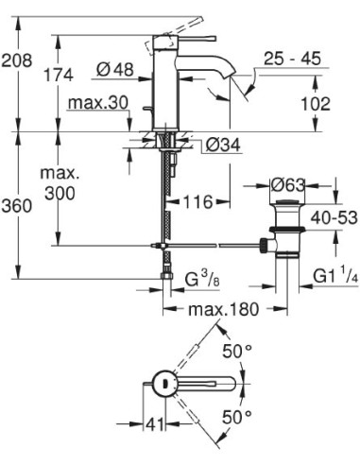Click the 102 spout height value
coord(317,105)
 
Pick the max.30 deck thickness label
coord(98,102)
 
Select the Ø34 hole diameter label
coord(224,145)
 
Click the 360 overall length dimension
coord(18,207)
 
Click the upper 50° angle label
coord(237,352)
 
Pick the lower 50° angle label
coord(237,416)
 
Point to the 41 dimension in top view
coord(151,424)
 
